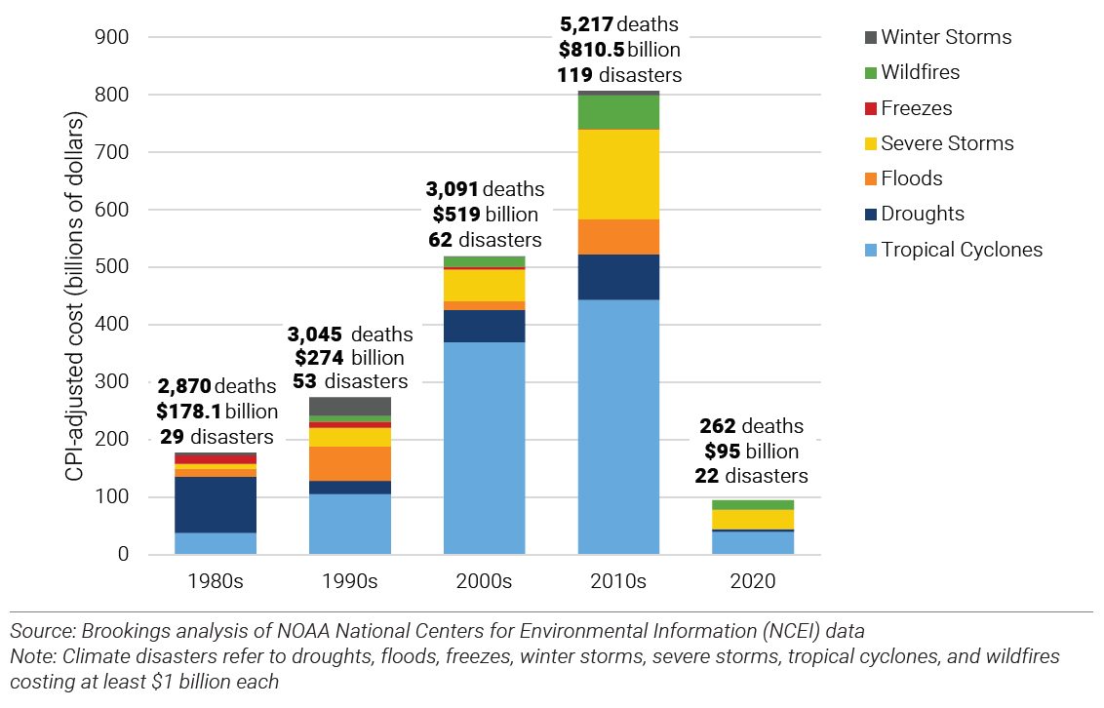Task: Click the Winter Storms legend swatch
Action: pyautogui.click(x=870, y=38)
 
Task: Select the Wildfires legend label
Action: pyautogui.click(x=920, y=73)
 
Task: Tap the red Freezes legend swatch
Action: pyautogui.click(x=870, y=109)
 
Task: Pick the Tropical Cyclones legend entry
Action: pyautogui.click(x=962, y=250)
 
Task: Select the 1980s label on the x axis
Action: pyautogui.click(x=215, y=581)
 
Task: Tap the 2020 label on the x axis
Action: pyautogui.click(x=752, y=581)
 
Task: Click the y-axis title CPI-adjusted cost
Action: pyautogui.click(x=75, y=295)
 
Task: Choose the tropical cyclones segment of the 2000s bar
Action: pyautogui.click(x=484, y=449)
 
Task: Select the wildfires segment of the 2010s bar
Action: pyautogui.click(x=618, y=112)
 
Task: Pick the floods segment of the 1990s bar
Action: pyautogui.click(x=349, y=463)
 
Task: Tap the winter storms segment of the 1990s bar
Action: pyautogui.click(x=349, y=406)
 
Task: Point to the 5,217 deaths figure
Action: pyautogui.click(x=618, y=25)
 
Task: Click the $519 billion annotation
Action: pyautogui.click(x=484, y=215)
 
